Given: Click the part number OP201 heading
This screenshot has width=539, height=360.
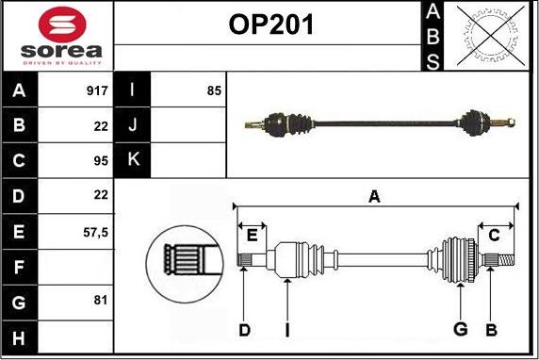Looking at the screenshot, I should click(x=270, y=25).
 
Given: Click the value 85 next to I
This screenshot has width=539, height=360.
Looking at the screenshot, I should click(x=213, y=91).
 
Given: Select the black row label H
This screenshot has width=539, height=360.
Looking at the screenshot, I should click(x=20, y=335).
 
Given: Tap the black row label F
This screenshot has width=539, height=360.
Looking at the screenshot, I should click(x=20, y=267).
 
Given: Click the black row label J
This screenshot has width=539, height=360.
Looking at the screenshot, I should click(x=132, y=124).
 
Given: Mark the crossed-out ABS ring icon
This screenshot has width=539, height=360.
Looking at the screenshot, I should click(x=481, y=36).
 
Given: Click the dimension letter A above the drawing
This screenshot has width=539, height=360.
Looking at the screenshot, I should click(x=374, y=196).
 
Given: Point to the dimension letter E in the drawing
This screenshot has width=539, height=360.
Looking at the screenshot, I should click(x=252, y=235).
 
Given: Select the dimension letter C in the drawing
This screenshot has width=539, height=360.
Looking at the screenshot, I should click(x=494, y=235).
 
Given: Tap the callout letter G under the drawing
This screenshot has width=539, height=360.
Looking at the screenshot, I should click(x=461, y=329).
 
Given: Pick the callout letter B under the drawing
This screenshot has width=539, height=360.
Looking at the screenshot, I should click(x=491, y=329).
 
